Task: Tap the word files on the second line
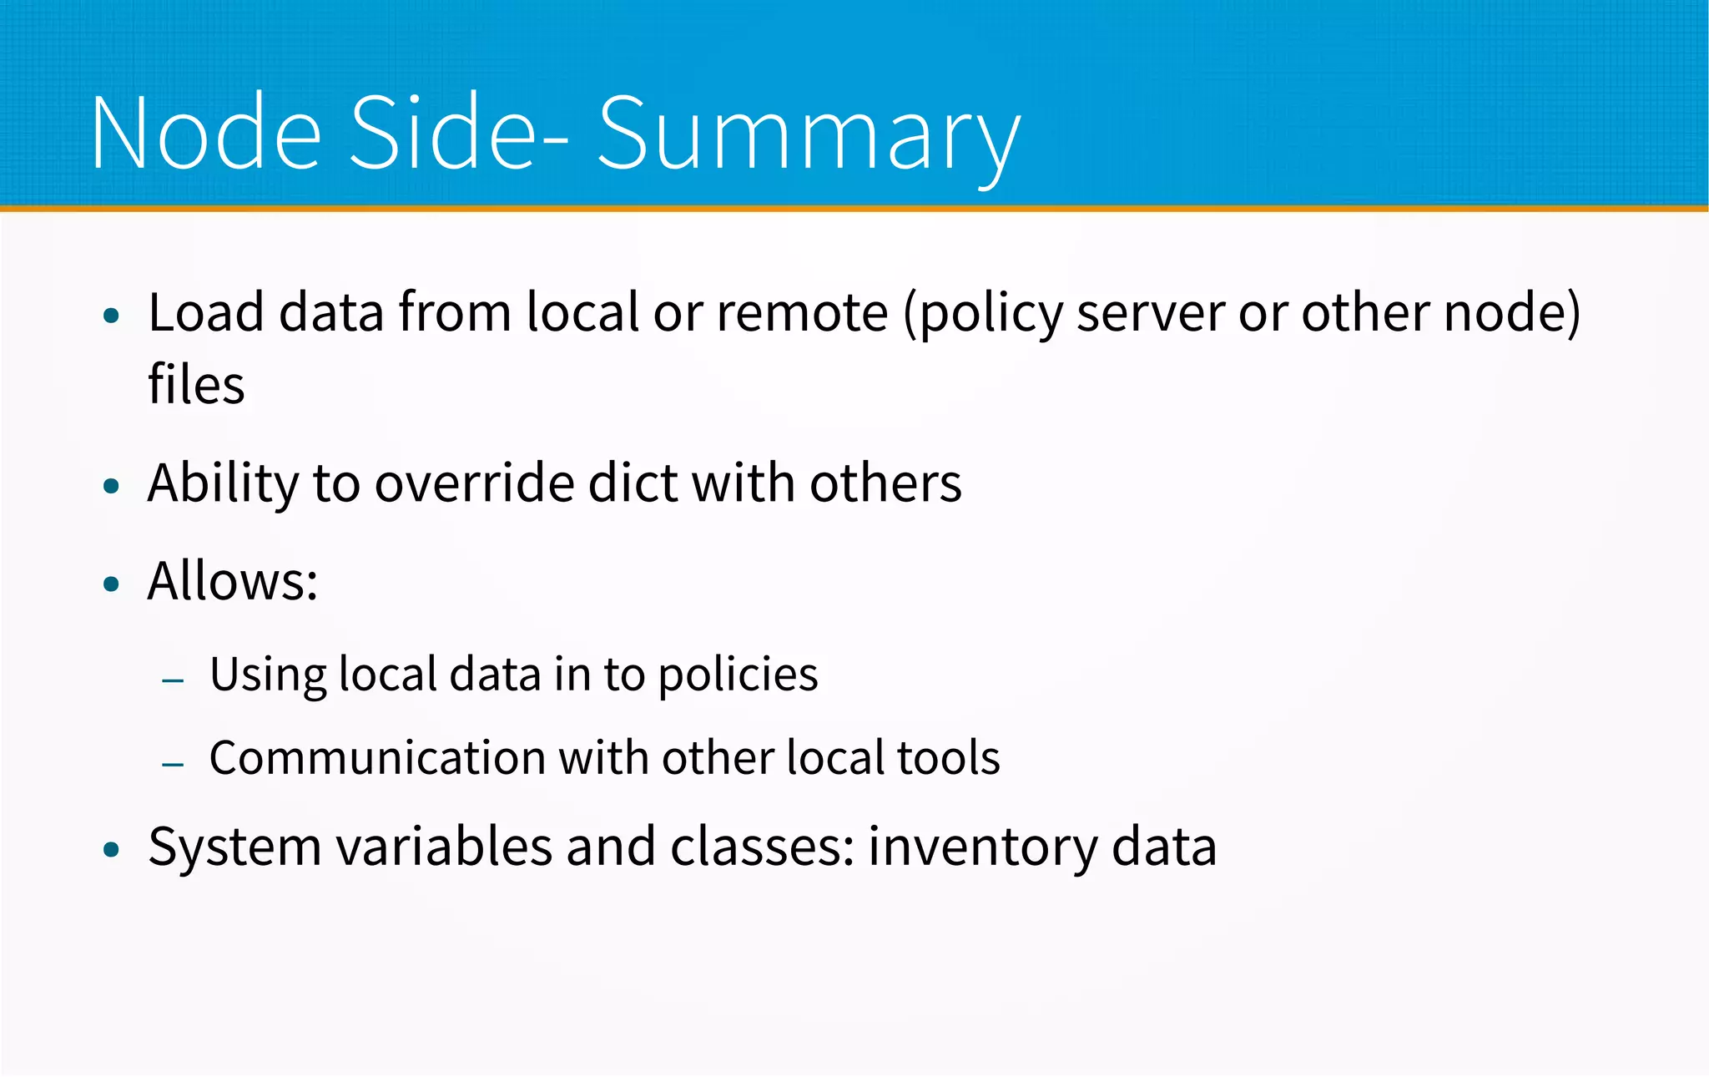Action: (196, 385)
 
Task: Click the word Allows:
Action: (233, 581)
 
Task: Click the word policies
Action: (738, 675)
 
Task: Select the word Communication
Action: (377, 758)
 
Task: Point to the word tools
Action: (948, 758)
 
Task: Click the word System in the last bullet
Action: (234, 848)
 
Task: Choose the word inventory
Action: (982, 848)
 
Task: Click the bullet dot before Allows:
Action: (112, 584)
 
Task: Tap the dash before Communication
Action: (174, 764)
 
